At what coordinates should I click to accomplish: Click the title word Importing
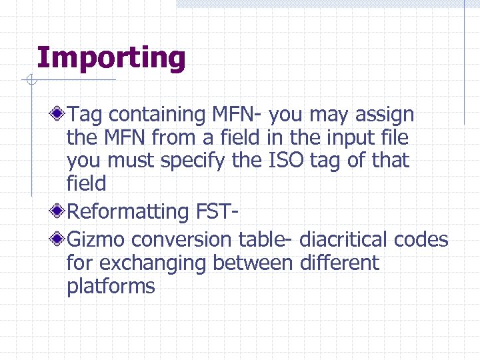coord(111,58)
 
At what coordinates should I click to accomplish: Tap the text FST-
coord(218,211)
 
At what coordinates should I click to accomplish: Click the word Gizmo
coord(97,239)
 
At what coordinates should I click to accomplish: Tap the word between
coord(252,263)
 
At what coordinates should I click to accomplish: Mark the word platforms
coord(111,287)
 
